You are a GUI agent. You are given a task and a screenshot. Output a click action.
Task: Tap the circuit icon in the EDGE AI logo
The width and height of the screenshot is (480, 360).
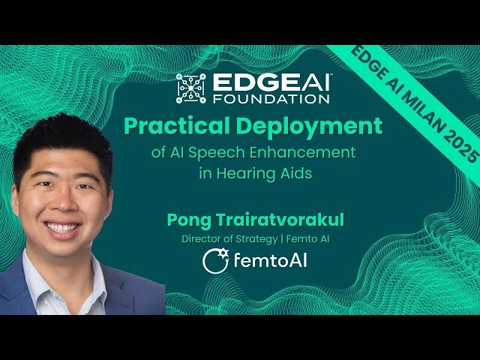(x=190, y=88)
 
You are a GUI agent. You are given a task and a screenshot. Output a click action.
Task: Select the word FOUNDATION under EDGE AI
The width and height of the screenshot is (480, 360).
(x=271, y=97)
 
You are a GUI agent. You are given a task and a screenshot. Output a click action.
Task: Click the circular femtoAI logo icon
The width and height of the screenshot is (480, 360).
(x=215, y=261)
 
